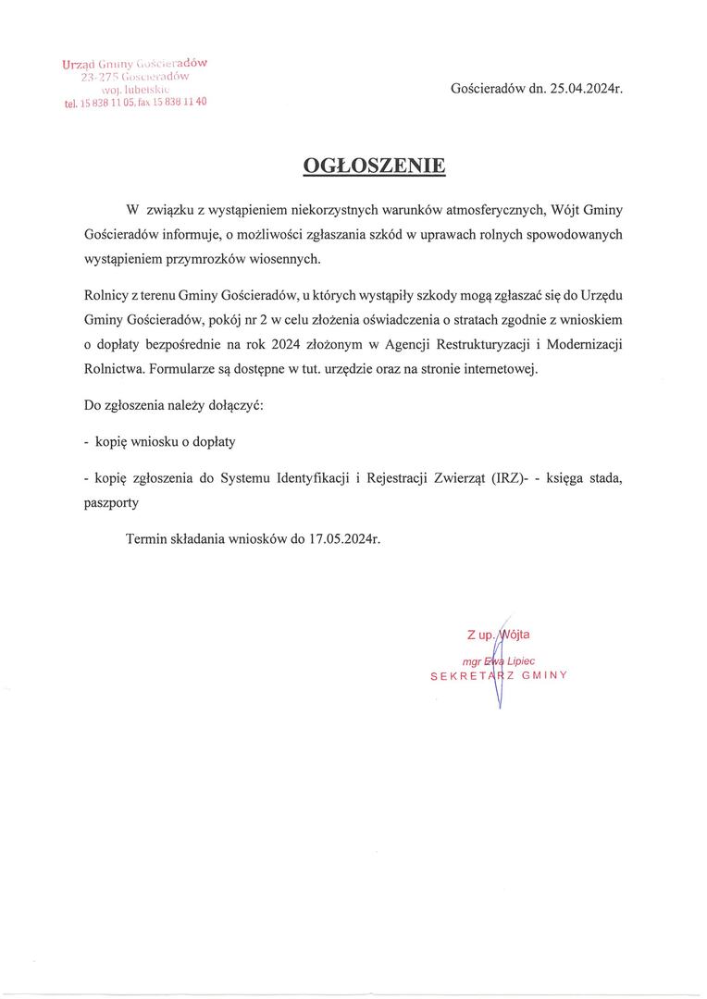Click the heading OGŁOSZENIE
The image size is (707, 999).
click(375, 166)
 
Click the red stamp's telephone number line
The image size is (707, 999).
click(136, 103)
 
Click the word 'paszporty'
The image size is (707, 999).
click(111, 503)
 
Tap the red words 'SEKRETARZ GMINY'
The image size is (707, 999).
click(498, 676)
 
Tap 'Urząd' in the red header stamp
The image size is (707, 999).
click(79, 64)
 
